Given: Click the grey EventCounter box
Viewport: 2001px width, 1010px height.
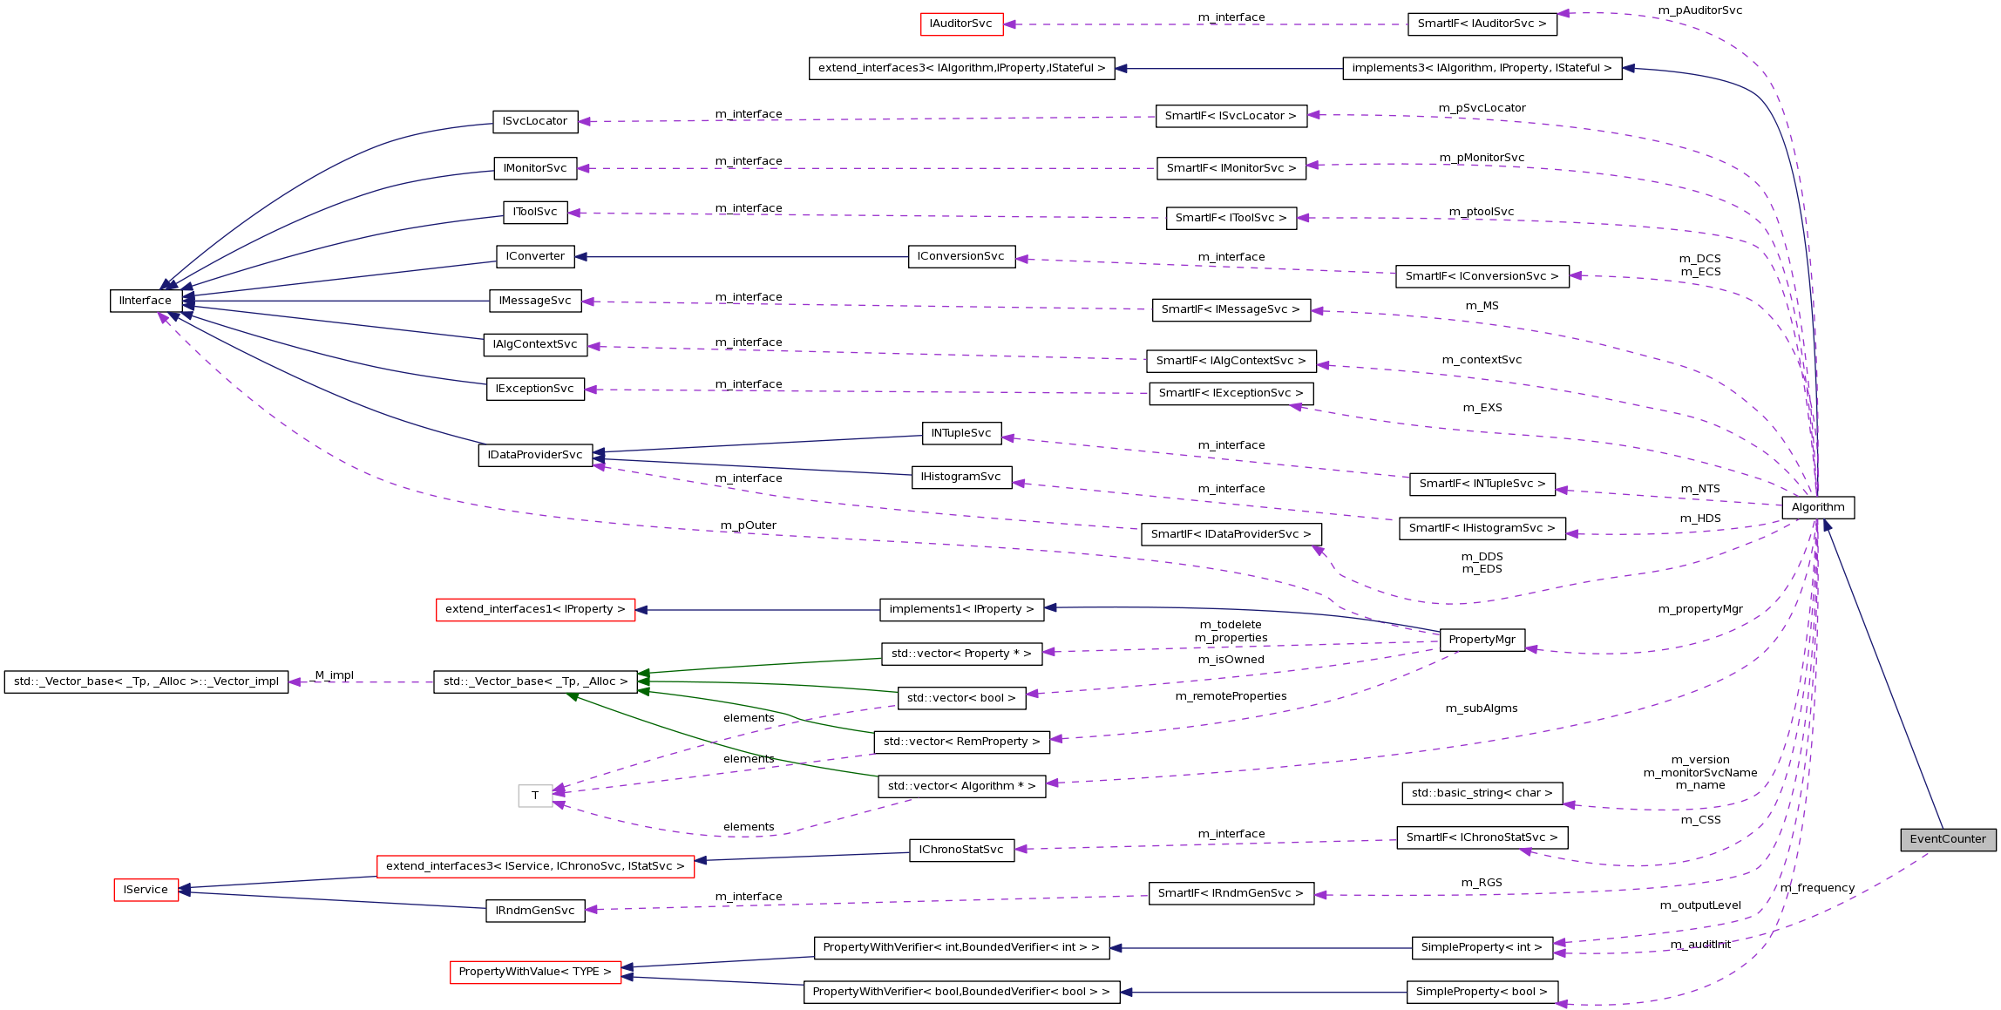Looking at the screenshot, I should [1948, 839].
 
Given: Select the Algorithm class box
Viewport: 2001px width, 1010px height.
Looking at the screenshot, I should [1818, 507].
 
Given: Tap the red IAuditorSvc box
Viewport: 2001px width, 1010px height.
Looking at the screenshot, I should [961, 24].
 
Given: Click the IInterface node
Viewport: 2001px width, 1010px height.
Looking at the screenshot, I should [146, 301].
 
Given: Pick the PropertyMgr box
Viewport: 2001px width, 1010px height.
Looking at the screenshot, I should [1482, 640].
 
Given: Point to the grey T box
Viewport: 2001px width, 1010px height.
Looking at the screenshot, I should [535, 796].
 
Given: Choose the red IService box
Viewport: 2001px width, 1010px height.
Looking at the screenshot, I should [146, 890].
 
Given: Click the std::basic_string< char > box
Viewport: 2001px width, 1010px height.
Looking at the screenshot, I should [1482, 793].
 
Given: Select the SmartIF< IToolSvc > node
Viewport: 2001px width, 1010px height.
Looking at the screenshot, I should [1231, 218].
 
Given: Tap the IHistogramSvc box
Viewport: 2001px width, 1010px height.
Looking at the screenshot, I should [961, 477].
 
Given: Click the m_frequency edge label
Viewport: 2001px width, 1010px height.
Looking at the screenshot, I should [1817, 888].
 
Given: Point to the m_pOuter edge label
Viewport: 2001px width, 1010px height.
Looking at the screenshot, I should [748, 525].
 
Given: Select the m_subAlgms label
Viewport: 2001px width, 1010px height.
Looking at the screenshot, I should [1481, 708].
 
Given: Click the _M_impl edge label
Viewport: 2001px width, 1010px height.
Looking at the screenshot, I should [335, 675].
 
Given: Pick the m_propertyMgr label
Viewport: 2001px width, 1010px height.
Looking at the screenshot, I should [1699, 609].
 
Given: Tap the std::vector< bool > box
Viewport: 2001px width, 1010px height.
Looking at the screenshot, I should [961, 698].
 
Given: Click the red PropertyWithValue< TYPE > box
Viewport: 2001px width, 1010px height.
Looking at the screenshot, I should [535, 972].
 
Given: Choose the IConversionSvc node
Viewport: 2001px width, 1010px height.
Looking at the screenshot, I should [961, 256].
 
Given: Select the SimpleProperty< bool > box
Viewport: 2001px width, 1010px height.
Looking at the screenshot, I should [1482, 992].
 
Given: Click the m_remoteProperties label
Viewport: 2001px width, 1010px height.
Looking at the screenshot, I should [1231, 696].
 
